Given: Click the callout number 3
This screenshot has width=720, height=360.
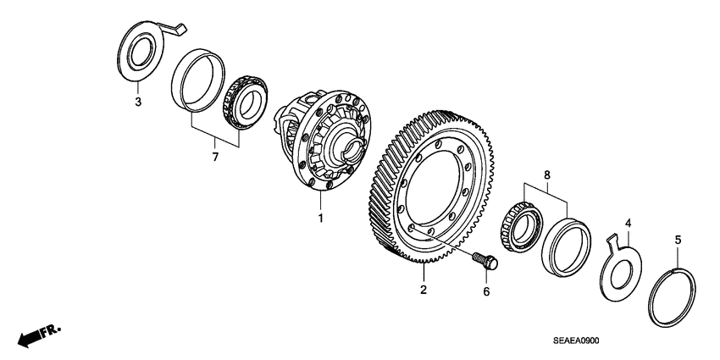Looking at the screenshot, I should pos(138,103).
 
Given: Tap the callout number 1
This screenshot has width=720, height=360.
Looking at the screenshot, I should pos(320,219).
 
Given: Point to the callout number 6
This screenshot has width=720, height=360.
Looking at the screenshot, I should pos(486,291).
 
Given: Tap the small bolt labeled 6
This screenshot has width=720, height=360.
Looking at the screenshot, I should pos(485,261).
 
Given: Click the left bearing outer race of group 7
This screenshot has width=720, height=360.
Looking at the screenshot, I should pos(197,80).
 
